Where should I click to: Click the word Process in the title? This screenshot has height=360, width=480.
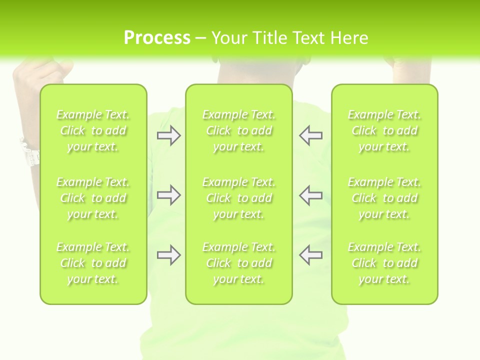157,38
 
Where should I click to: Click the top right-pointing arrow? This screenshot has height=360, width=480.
168,135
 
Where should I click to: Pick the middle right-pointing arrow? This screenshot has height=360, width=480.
168,195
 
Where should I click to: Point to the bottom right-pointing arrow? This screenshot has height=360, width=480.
168,255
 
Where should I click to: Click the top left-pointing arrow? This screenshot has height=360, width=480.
310,135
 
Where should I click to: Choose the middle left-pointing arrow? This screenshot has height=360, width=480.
310,195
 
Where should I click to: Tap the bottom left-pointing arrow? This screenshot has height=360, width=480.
310,255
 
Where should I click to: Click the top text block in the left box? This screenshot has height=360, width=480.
93,130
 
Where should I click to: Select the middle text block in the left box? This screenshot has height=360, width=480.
93,198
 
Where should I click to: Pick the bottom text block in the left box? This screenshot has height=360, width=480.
93,263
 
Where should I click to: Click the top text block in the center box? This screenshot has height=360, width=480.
238,130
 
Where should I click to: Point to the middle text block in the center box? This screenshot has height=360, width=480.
238,198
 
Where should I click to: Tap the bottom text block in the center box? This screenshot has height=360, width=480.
238,263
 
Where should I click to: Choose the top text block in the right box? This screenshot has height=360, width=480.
384,130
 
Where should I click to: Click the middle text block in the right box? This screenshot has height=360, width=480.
384,198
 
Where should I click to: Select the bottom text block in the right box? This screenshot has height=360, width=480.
384,263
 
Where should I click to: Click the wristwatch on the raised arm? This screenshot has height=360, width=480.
29,152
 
